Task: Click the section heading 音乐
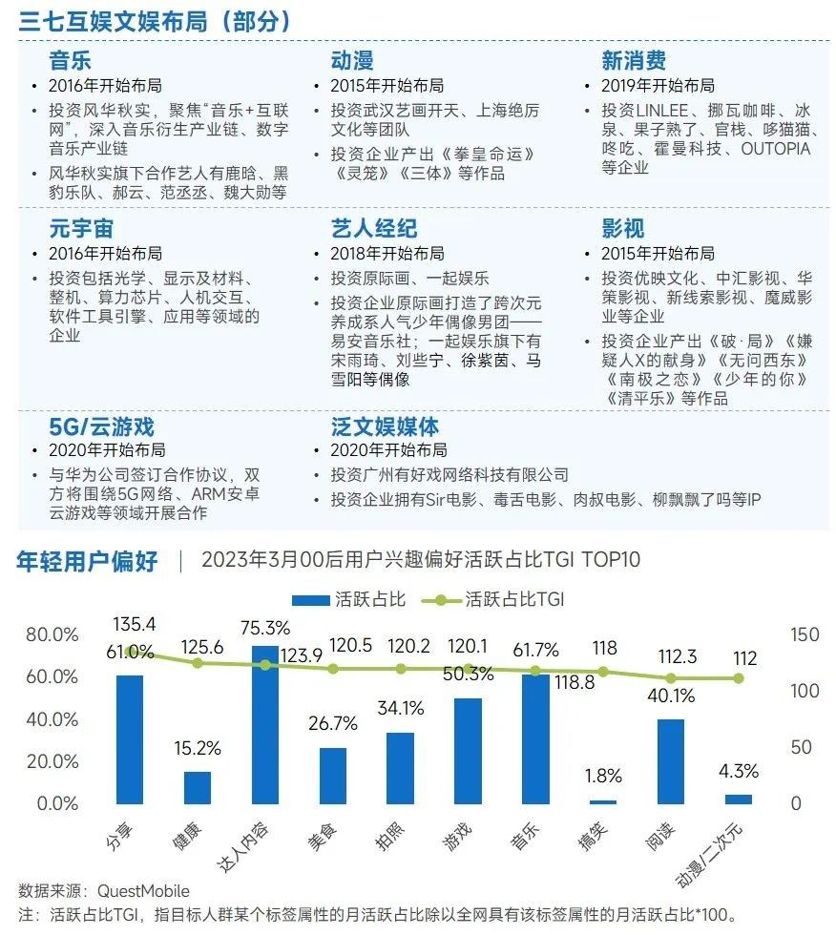(71, 61)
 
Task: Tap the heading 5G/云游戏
(101, 426)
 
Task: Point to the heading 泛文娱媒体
(385, 426)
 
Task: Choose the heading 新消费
(634, 61)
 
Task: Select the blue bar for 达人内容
(265, 725)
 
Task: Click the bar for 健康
(198, 787)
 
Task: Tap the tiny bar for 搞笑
(603, 801)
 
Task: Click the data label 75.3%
(265, 628)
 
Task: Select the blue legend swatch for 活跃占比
(310, 600)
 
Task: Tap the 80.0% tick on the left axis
(52, 635)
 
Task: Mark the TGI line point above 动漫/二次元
(738, 678)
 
